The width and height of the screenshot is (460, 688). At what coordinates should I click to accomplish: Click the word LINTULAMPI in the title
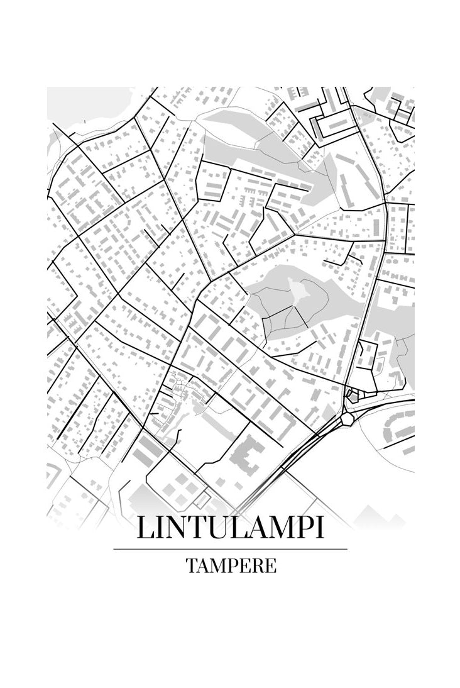click(x=230, y=528)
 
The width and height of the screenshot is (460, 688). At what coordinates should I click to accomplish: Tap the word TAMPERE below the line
click(x=231, y=565)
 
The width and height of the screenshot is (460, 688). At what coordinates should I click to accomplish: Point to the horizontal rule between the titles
click(x=230, y=549)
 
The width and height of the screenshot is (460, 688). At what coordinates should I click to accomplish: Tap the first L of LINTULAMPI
click(x=145, y=528)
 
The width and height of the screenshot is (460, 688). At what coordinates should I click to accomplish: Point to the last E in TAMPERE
click(x=270, y=565)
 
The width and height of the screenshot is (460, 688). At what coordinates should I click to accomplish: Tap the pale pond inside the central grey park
click(x=299, y=291)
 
